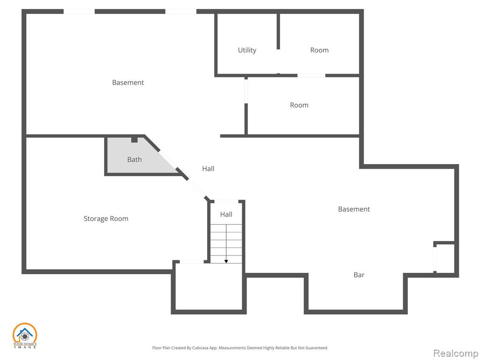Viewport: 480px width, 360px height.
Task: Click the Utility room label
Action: click(247, 50)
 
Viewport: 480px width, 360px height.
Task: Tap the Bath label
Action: click(135, 159)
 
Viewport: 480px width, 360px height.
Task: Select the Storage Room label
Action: click(106, 218)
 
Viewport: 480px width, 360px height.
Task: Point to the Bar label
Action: click(359, 275)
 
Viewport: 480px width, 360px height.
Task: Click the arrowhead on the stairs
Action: click(226, 262)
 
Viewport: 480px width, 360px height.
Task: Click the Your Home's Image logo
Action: click(25, 336)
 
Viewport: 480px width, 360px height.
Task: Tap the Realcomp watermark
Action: click(456, 353)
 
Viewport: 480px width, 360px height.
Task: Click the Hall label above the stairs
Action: click(226, 214)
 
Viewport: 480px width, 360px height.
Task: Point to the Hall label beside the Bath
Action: click(208, 169)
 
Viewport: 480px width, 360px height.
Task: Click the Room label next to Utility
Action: click(319, 50)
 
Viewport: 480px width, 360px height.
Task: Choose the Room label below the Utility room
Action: click(299, 105)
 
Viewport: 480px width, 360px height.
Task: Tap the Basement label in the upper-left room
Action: click(128, 82)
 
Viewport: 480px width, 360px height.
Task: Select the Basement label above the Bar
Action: click(354, 209)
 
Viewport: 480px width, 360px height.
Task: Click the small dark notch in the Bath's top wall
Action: click(135, 140)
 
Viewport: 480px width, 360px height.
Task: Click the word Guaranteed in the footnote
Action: click(319, 348)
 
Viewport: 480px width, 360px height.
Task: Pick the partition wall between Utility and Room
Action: click(278, 31)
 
